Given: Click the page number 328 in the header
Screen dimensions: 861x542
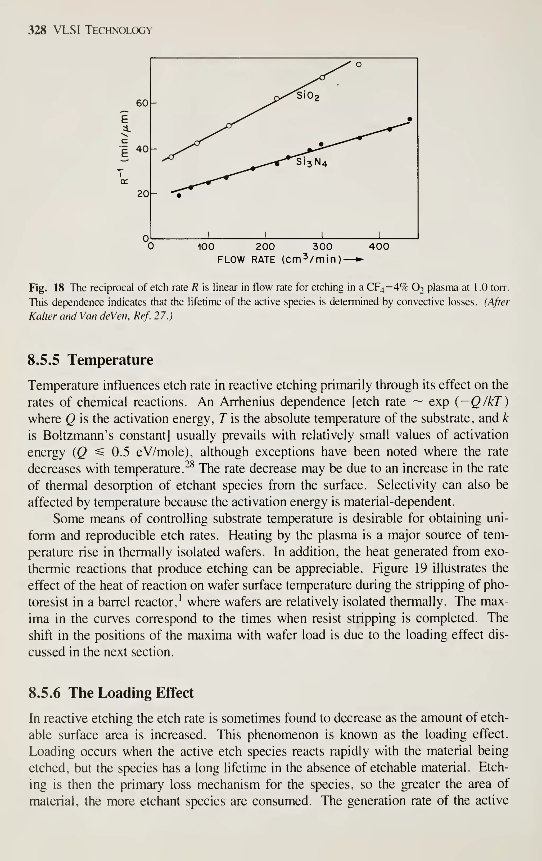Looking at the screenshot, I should point(37,30).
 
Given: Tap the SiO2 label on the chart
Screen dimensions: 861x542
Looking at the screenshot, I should point(308,96).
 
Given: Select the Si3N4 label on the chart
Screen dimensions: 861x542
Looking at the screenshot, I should point(311,163).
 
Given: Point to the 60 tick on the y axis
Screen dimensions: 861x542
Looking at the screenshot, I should point(142,103).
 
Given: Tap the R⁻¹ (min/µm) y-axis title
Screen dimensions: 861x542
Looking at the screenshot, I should point(124,148).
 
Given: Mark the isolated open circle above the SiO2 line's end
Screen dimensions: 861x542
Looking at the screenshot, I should point(359,64).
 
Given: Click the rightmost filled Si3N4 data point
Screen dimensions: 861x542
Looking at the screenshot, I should point(410,119).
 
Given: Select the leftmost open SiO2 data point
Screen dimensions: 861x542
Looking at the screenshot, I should point(171,157).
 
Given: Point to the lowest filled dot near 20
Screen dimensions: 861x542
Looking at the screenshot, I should point(179,196).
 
